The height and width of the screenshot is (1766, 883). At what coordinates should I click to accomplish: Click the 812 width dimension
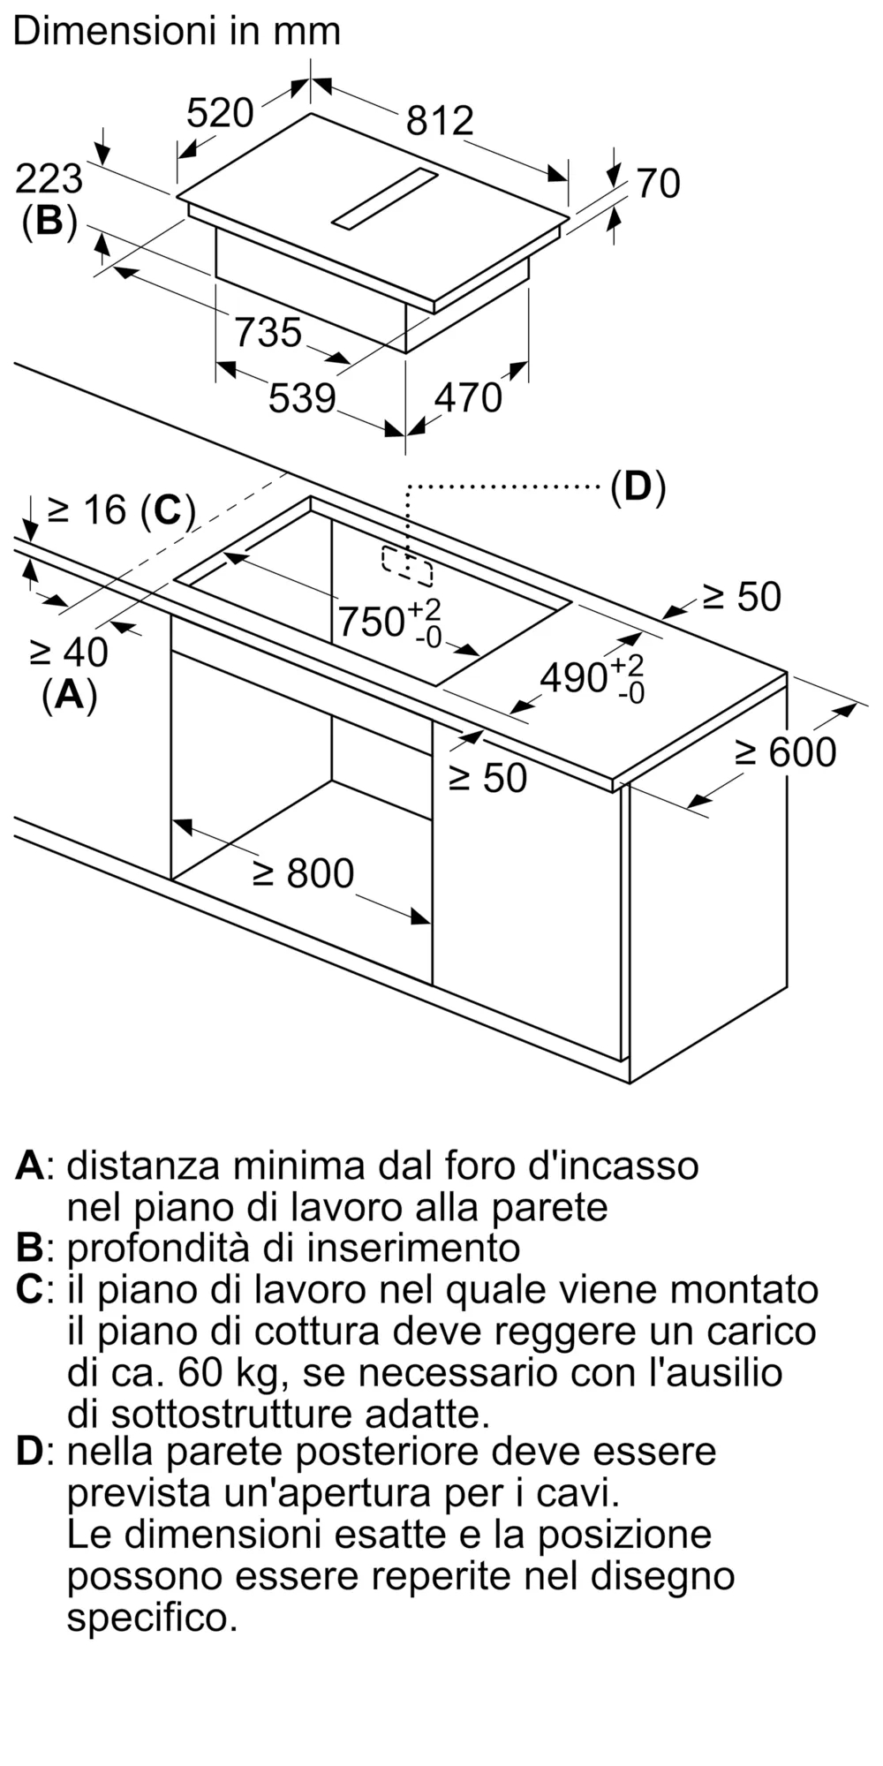440,121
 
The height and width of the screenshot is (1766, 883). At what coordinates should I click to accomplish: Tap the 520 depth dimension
220,113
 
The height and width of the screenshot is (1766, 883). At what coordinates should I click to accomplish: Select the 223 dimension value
49,179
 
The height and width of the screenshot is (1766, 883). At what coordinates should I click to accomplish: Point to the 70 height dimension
658,184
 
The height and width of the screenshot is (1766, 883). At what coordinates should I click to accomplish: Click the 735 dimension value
268,333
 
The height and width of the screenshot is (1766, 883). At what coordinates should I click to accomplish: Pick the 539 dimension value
302,398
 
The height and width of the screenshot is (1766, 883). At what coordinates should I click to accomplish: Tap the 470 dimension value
468,398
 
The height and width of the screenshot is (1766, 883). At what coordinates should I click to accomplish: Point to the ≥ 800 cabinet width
303,873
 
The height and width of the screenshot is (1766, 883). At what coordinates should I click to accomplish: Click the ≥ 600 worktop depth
786,752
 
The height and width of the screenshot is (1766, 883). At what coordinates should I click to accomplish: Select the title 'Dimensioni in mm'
177,32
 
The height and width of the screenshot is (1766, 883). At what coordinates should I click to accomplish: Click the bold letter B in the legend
29,1249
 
